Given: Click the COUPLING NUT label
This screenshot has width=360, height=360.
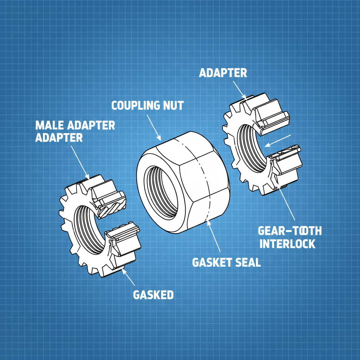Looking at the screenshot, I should (x=147, y=105).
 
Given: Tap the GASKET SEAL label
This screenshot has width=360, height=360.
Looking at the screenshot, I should (x=226, y=262).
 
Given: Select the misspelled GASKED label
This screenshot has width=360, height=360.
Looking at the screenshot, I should (x=153, y=295).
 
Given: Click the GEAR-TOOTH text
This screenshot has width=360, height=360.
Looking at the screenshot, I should (x=290, y=231).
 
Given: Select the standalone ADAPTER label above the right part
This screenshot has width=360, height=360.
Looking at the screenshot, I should (x=223, y=73).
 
